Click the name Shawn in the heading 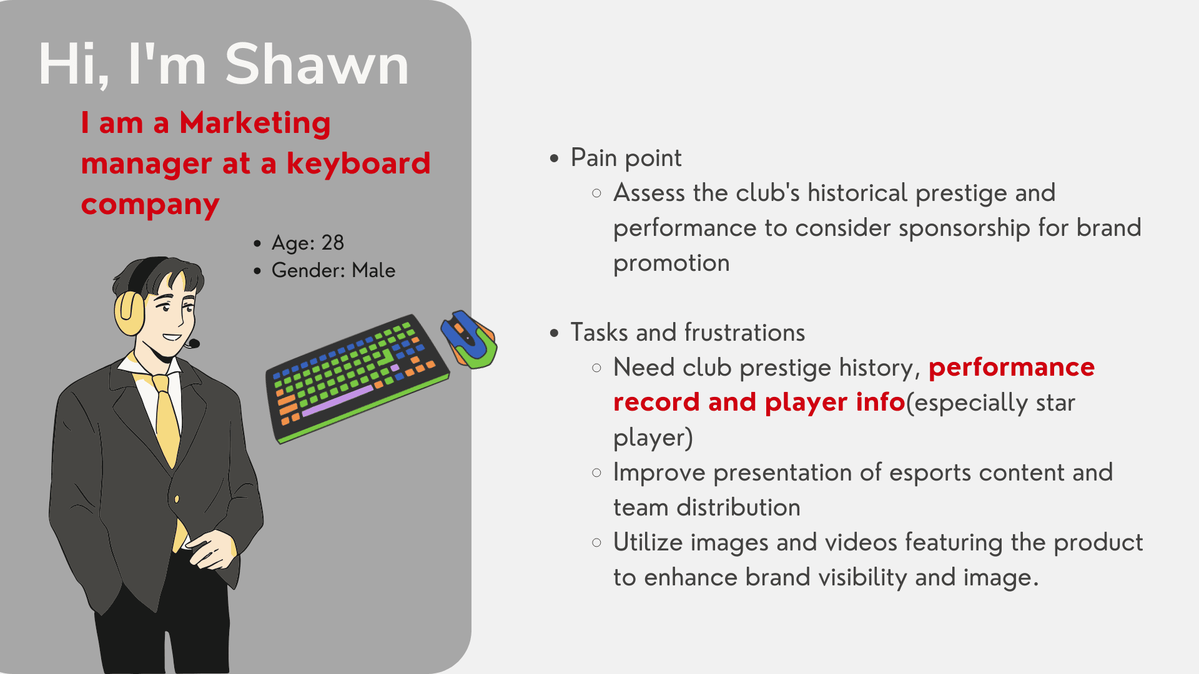pos(317,64)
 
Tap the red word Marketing pos(255,124)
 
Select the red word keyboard pos(358,163)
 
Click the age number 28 pos(333,243)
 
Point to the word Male pos(373,270)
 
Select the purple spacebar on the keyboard pos(337,401)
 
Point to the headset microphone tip pos(194,343)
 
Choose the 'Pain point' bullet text pos(626,158)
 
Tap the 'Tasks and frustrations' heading pos(688,333)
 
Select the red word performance pos(1012,368)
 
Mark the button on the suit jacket pos(177,499)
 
